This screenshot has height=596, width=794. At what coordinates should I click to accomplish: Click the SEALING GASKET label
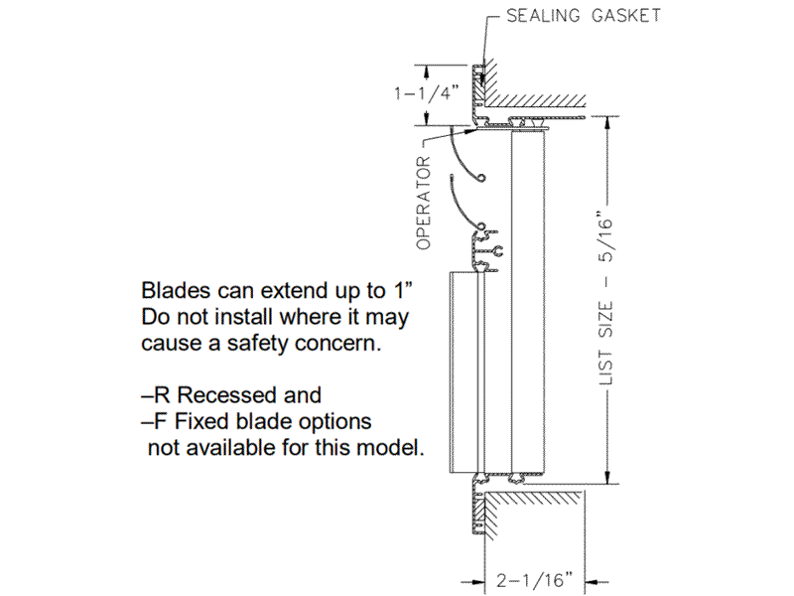583,16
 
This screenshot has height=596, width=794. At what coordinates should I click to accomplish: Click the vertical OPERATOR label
424,202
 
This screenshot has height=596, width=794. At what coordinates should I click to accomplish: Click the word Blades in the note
172,292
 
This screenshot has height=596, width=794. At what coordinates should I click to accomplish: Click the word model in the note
389,447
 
